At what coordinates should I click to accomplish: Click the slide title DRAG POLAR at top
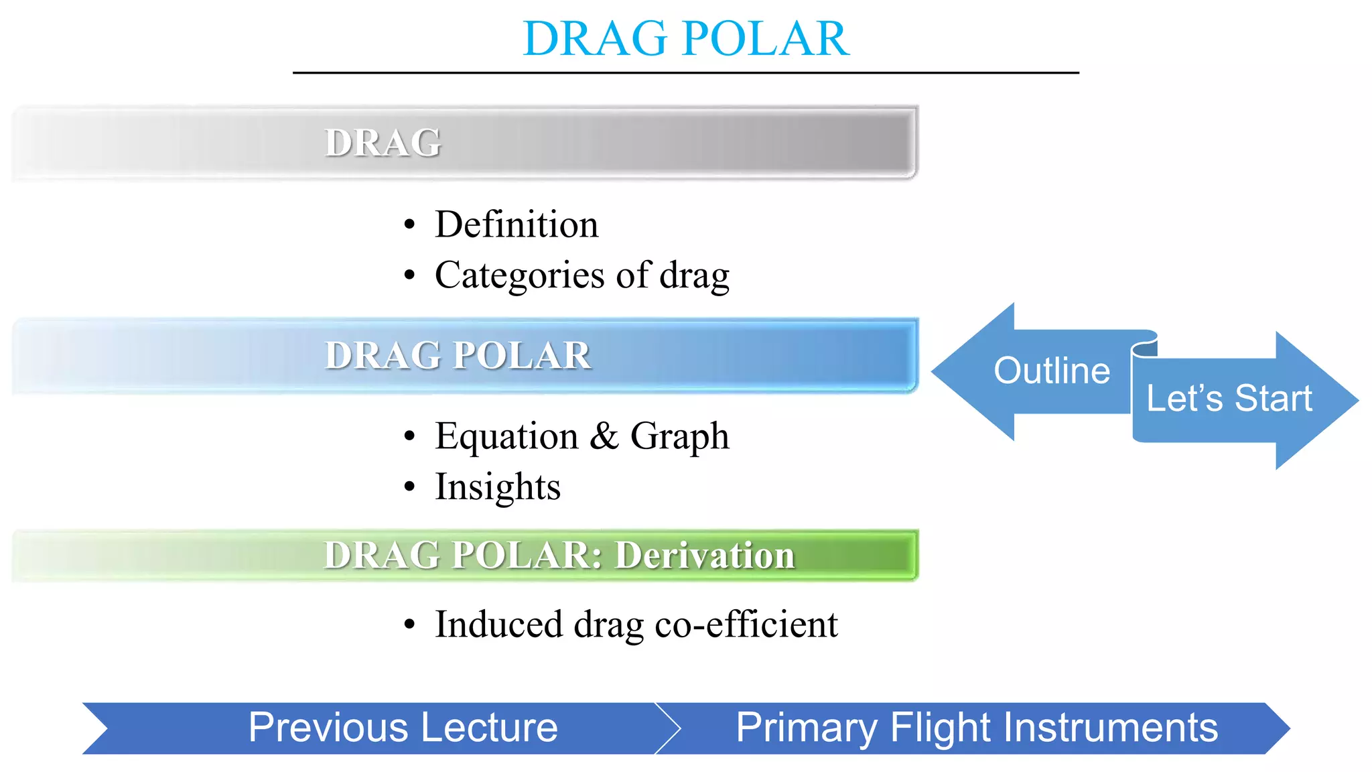pyautogui.click(x=685, y=38)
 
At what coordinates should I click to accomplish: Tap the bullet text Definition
pyautogui.click(x=516, y=224)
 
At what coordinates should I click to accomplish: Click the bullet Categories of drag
pyautogui.click(x=581, y=275)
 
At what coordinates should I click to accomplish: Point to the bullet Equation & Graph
pyautogui.click(x=581, y=436)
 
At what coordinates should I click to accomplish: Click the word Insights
pyautogui.click(x=497, y=487)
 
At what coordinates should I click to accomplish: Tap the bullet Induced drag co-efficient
pyautogui.click(x=636, y=624)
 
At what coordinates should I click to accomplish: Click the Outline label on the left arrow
pyautogui.click(x=1051, y=371)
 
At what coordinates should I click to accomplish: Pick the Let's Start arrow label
pyautogui.click(x=1229, y=399)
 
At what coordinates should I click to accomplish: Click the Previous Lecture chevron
pyautogui.click(x=403, y=728)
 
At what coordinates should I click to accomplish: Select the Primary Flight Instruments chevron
pyautogui.click(x=976, y=728)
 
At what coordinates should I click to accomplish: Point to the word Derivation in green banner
pyautogui.click(x=704, y=556)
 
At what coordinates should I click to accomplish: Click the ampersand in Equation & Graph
pyautogui.click(x=604, y=436)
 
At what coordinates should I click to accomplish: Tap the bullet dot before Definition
pyautogui.click(x=410, y=224)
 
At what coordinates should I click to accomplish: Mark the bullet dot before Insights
pyautogui.click(x=410, y=487)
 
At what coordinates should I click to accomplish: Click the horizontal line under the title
pyautogui.click(x=685, y=72)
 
